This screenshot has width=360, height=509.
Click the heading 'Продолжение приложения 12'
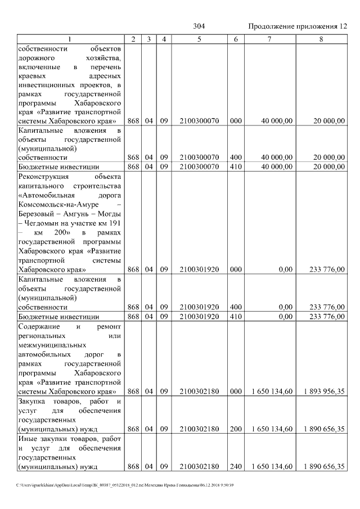298,27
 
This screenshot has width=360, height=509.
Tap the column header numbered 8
321,39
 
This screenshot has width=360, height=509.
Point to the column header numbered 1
70,39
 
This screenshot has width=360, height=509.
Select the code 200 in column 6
236,429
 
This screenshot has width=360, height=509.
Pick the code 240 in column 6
236,466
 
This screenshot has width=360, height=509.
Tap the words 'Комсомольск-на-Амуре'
53,204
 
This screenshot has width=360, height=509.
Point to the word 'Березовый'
36,214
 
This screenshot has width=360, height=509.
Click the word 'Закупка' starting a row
33,401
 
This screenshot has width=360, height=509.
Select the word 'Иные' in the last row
27,438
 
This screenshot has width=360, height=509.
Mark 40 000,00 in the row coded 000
276,120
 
